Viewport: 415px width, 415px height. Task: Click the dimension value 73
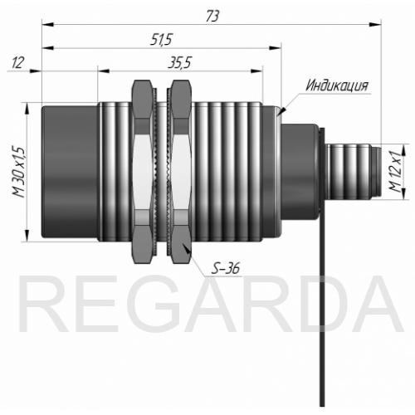click(x=212, y=17)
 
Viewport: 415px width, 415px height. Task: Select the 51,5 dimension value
click(x=161, y=39)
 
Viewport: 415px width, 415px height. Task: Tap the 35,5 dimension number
click(x=179, y=63)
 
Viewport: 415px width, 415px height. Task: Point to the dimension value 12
click(x=17, y=63)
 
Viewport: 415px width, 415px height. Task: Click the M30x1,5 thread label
click(x=18, y=172)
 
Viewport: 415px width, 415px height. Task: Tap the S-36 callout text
click(x=225, y=268)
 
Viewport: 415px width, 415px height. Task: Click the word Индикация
click(x=337, y=85)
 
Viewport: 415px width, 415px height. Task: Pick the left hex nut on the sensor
click(x=143, y=172)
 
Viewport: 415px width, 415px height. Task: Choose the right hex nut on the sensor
click(x=181, y=172)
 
